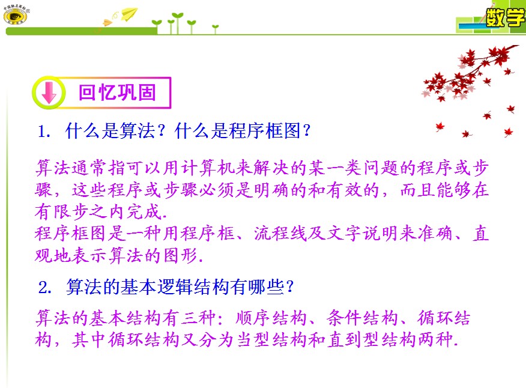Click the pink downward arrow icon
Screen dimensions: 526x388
pos(49,92)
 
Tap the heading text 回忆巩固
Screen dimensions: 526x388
pos(118,92)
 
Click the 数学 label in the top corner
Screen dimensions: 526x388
pos(505,17)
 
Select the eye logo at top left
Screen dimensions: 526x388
pos(16,16)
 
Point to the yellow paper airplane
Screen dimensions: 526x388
pos(129,13)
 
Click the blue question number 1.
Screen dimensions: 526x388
pos(44,131)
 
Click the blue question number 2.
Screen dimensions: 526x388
pos(44,288)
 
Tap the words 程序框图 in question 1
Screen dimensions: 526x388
pos(265,130)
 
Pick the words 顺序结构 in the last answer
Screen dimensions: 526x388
pos(271,318)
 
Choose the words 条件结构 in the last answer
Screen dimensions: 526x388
pos(362,318)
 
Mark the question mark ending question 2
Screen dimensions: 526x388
pos(290,287)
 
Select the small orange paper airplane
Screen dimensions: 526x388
pos(107,23)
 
